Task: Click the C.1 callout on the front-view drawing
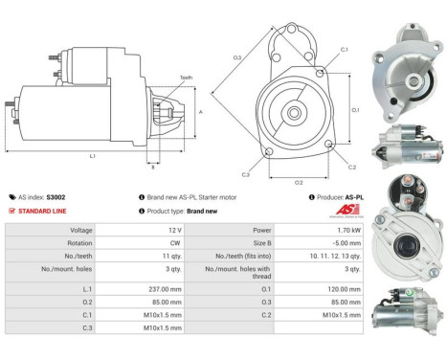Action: [344, 49]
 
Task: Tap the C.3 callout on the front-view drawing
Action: [246, 174]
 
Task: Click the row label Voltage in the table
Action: [81, 230]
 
